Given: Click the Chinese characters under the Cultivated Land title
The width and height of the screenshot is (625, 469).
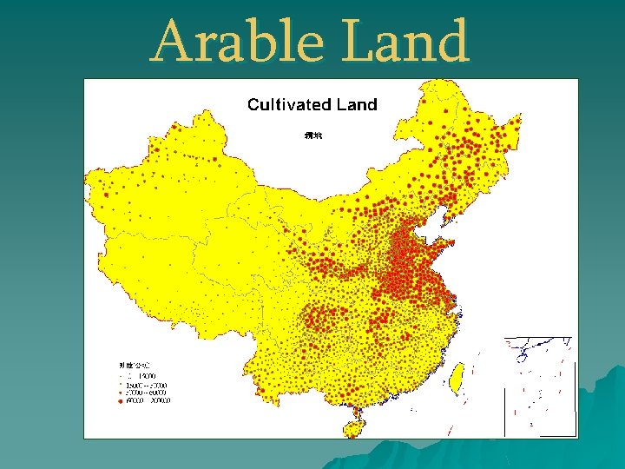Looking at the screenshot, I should click(313, 135).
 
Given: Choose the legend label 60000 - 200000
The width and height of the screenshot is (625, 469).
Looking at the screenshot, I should click(149, 401).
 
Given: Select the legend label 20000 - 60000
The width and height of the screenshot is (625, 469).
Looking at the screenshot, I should click(149, 393).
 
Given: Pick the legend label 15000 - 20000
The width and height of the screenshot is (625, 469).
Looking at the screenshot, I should click(149, 384).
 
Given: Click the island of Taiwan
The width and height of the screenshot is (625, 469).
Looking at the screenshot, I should click(454, 375).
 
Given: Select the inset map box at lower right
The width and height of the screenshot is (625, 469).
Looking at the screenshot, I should click(539, 386).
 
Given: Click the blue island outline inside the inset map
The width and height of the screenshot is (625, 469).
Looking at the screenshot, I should click(523, 354).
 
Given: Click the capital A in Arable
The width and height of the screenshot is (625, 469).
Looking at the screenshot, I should click(171, 41).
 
